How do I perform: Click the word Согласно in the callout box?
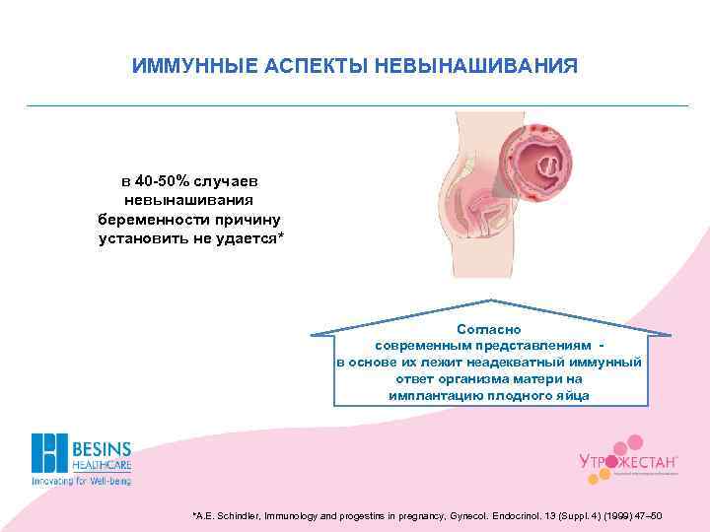pos(489,329)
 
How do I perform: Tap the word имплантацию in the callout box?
pos(437,395)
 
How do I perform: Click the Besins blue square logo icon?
pos(48,453)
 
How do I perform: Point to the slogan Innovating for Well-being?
pos(81,482)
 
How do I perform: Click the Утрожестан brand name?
pos(626,461)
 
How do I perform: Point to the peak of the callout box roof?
pos(490,300)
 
